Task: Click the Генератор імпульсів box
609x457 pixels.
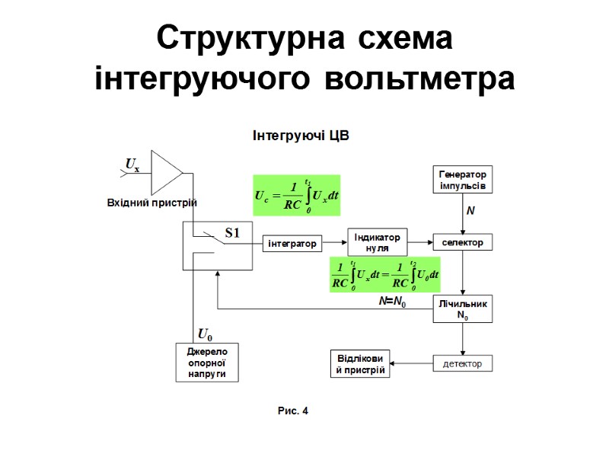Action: (463, 180)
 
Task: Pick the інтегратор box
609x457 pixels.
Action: (292, 243)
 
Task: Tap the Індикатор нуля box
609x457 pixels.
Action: (378, 242)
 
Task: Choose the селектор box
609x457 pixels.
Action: (463, 242)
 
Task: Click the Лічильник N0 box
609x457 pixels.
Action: (463, 309)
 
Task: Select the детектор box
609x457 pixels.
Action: (463, 363)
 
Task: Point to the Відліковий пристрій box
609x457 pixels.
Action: (360, 363)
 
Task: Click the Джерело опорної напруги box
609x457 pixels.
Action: (202, 363)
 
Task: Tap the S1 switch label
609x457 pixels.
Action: (231, 233)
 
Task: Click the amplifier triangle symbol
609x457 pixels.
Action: (165, 172)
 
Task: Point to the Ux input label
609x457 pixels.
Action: (132, 165)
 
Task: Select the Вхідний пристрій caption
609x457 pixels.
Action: (151, 203)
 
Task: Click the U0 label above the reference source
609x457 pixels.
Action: (205, 334)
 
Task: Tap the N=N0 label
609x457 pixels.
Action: (393, 302)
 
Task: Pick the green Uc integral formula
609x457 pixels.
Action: (296, 196)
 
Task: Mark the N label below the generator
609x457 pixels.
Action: (470, 210)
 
